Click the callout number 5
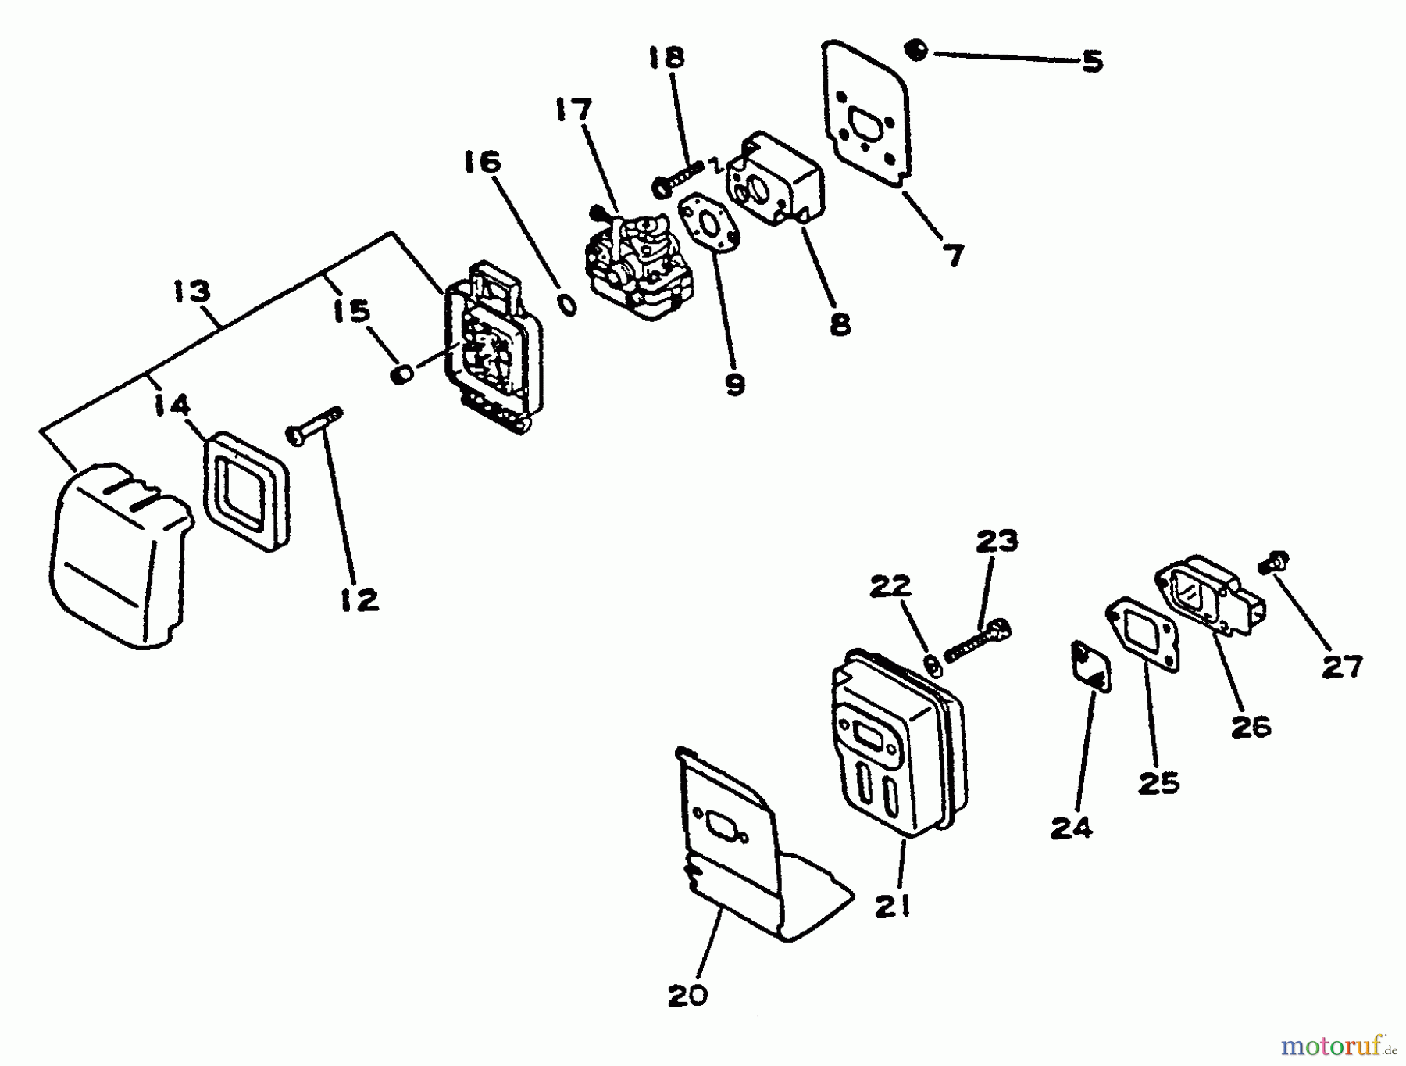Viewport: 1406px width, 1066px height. tap(1092, 61)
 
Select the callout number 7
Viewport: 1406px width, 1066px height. tap(954, 255)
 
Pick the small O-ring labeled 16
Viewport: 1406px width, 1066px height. tap(569, 305)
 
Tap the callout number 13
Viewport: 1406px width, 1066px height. tap(192, 292)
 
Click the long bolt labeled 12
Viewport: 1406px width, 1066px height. tap(316, 426)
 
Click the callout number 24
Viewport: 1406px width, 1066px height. tap(1071, 828)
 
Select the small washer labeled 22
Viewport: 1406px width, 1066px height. tap(932, 664)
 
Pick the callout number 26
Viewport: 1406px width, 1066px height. tap(1251, 727)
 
